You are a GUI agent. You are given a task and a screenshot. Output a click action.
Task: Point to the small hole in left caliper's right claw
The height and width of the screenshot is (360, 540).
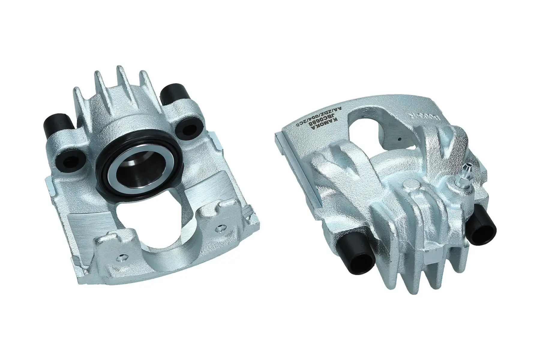pos(221,228)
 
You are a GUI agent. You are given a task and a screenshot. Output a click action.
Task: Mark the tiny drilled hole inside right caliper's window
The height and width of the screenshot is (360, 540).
pos(400,139)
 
